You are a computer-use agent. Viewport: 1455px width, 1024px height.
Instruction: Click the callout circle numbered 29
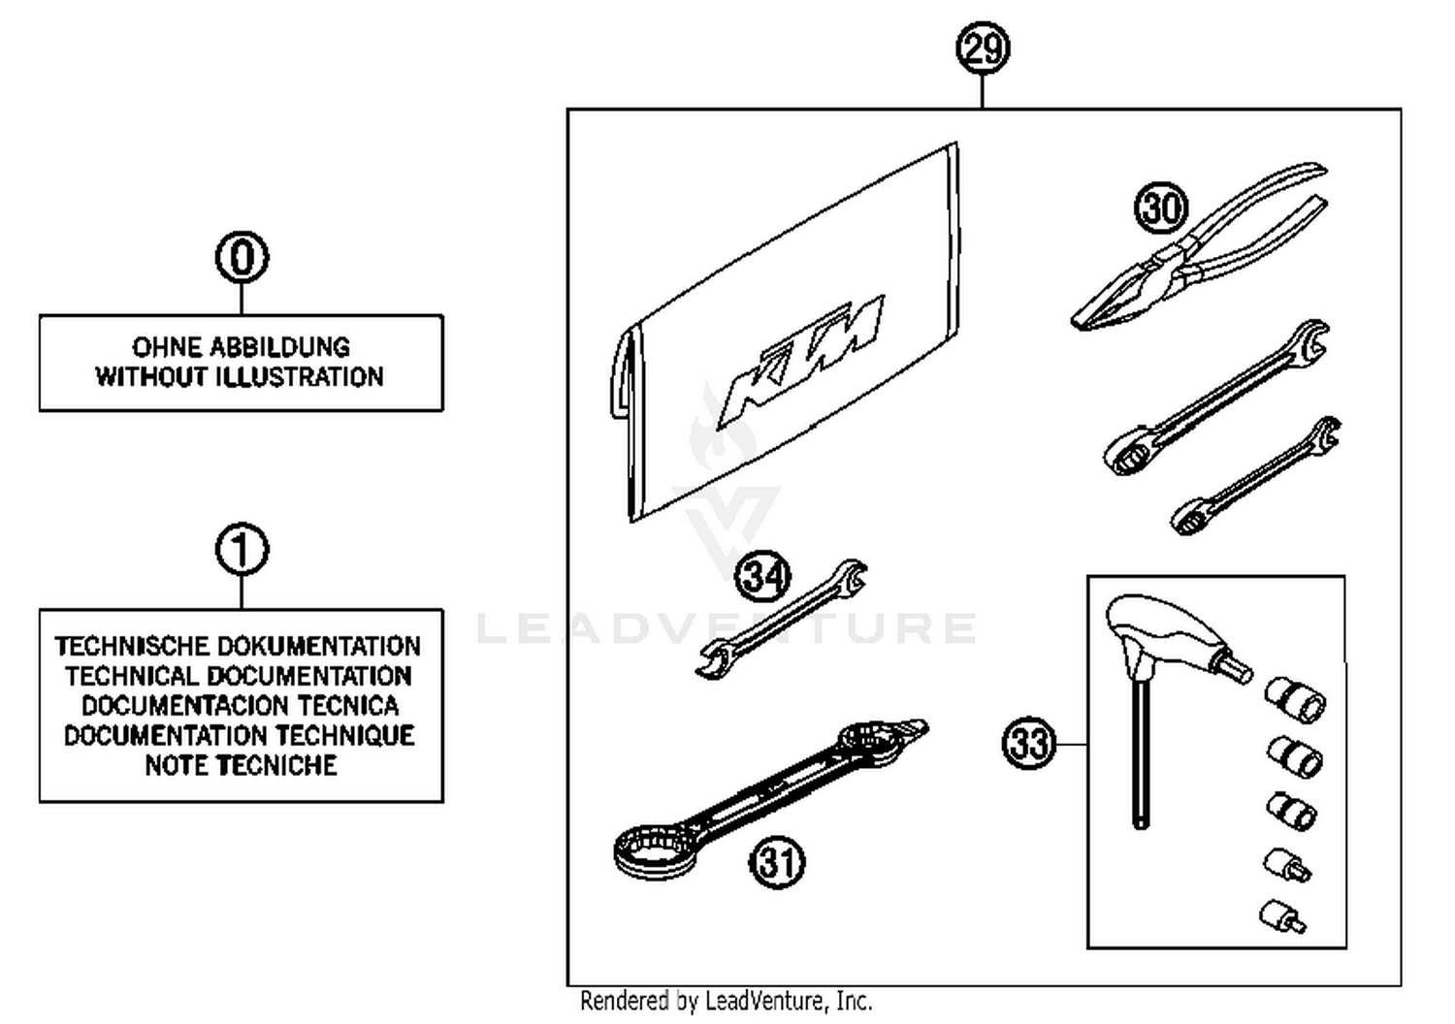pos(983,48)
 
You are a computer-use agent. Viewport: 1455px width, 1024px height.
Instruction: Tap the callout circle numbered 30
pos(1161,208)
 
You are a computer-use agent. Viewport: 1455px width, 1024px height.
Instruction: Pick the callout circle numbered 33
pos(1028,744)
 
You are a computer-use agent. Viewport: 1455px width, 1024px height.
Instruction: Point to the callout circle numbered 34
pos(763,578)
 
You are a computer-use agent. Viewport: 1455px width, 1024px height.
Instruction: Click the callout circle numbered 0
pos(242,258)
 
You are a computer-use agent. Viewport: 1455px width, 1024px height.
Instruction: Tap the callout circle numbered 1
pos(242,550)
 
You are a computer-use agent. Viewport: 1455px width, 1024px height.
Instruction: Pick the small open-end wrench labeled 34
pos(782,619)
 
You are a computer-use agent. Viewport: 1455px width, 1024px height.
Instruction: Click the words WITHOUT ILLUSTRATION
pos(240,377)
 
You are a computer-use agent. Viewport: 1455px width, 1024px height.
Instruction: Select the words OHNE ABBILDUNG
pos(241,347)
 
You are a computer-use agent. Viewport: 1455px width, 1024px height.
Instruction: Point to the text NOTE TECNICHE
pos(241,765)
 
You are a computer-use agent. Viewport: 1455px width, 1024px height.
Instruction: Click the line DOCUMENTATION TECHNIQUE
pos(240,735)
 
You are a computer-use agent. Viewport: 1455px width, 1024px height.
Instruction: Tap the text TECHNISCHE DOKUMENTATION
pos(239,646)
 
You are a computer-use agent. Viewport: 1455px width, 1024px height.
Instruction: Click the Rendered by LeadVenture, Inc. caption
pos(727,1001)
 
